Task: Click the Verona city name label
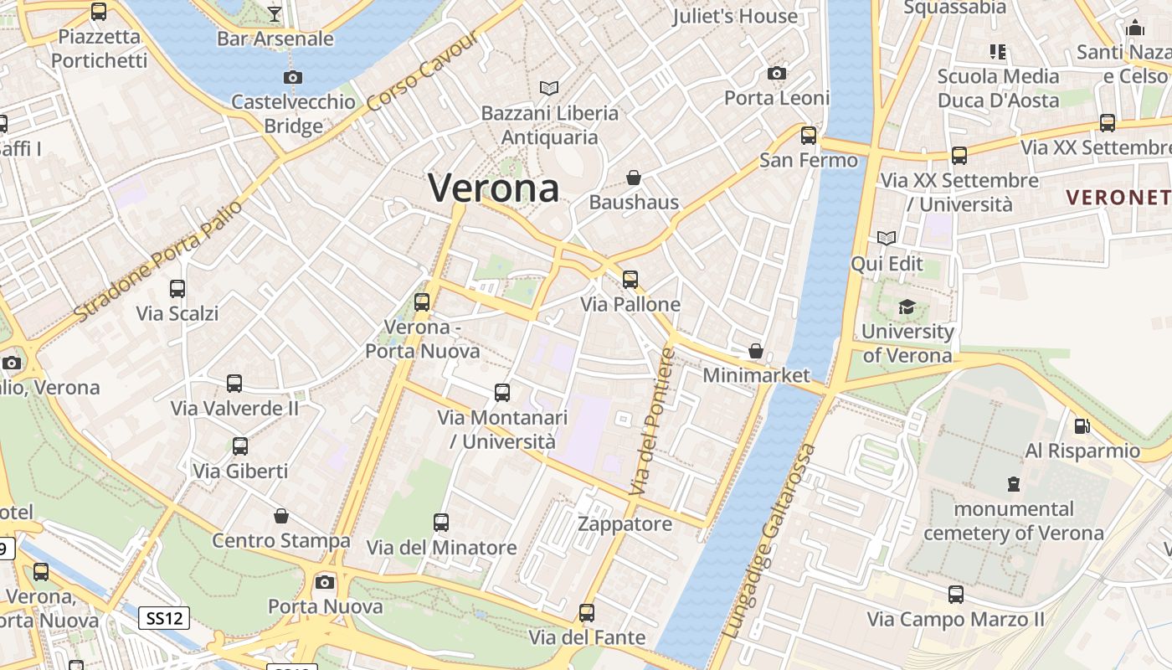click(x=494, y=188)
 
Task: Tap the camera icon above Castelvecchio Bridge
click(x=292, y=78)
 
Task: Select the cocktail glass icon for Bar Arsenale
click(x=275, y=13)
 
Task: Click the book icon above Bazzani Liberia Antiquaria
click(x=549, y=88)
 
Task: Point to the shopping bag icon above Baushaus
click(x=634, y=178)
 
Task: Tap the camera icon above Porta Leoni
click(x=777, y=74)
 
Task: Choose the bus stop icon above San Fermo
click(x=809, y=135)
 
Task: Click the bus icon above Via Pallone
click(x=630, y=280)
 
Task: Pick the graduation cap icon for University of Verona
click(x=907, y=307)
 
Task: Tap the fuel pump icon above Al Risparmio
click(x=1082, y=426)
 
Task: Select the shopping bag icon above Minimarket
click(x=756, y=351)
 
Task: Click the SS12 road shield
click(x=163, y=619)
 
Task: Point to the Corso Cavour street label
click(x=423, y=72)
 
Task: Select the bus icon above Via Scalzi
click(x=177, y=289)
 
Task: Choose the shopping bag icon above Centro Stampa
click(x=281, y=516)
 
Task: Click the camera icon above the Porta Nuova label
click(x=325, y=582)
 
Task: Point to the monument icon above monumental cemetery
click(x=1014, y=484)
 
